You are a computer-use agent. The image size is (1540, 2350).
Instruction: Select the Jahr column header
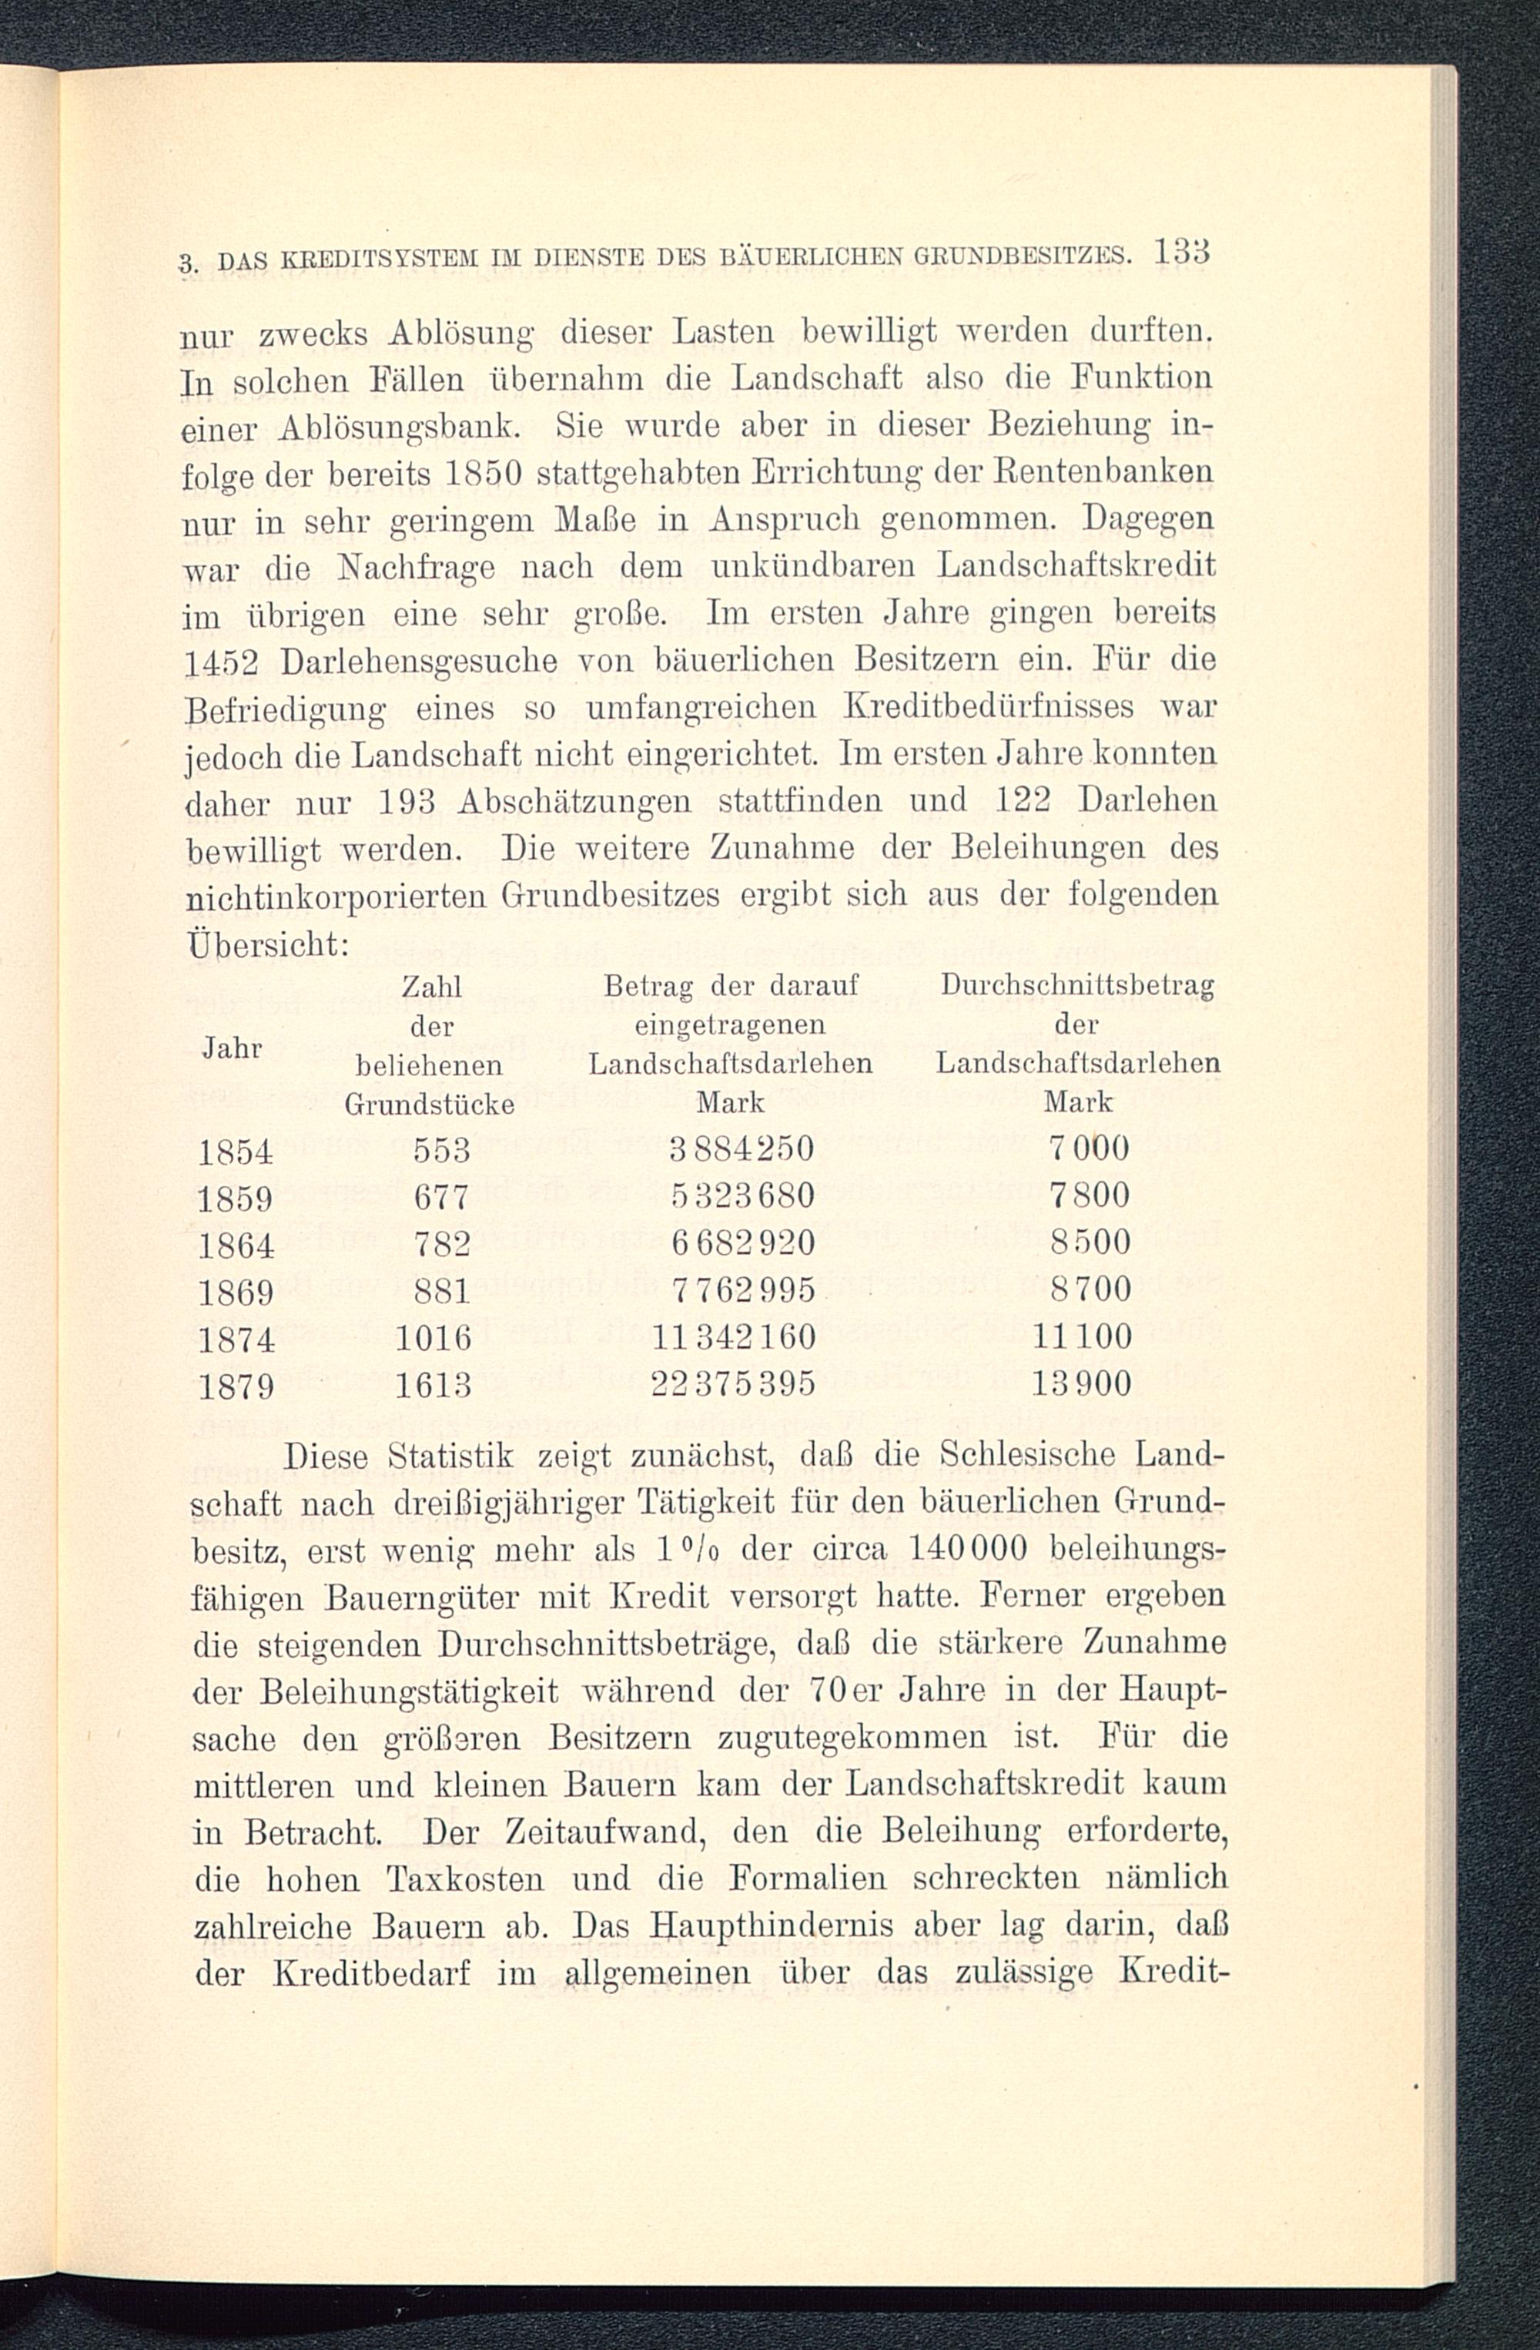pos(232,1048)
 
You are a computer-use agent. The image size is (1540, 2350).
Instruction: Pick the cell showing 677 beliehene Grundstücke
pos(440,1197)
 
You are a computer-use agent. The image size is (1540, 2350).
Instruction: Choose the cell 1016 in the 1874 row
pos(434,1337)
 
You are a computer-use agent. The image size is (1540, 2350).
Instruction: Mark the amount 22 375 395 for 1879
pos(734,1383)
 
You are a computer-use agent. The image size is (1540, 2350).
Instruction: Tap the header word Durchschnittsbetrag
pos(1077,985)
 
